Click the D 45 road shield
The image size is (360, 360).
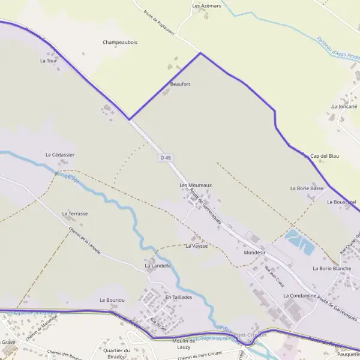pos(166,157)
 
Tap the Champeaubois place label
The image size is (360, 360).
pos(120,43)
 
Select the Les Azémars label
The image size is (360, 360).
pos(207,5)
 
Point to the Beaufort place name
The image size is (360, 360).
pos(180,84)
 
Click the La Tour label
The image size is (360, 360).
pos(48,61)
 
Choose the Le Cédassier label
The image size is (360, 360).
pos(60,154)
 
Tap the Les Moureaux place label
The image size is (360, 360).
pos(196,185)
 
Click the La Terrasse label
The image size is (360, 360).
pos(75,214)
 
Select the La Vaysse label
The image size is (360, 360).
pos(196,246)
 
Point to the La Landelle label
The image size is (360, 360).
pos(158,265)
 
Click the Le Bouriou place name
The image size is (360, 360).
pos(112,299)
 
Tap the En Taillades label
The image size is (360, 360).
pos(178,297)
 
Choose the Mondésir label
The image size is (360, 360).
pos(254,253)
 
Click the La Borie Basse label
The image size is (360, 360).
pos(307,188)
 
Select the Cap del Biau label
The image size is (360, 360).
pos(325,156)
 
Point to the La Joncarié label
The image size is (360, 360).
pos(344,106)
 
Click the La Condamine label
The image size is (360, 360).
pos(299,296)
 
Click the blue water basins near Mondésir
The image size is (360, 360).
pos(299,241)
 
